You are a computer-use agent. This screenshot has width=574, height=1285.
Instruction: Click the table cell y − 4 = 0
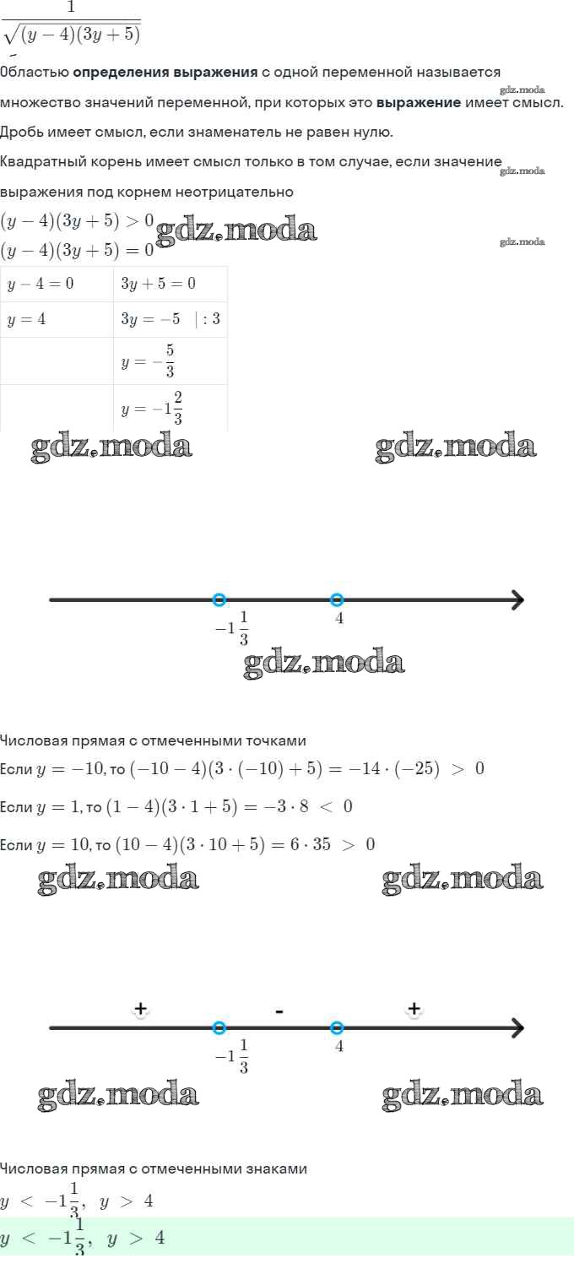(x=57, y=284)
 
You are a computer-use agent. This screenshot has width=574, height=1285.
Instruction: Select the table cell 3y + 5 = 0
(x=171, y=284)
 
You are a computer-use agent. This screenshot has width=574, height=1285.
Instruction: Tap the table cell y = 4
(x=57, y=319)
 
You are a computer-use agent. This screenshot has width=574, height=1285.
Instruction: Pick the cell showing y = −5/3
(x=171, y=361)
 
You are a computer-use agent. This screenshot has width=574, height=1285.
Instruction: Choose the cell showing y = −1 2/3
(x=171, y=408)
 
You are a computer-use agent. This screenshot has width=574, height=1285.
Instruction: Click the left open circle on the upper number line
(x=219, y=600)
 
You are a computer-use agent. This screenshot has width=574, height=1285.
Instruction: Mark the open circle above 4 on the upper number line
(x=337, y=600)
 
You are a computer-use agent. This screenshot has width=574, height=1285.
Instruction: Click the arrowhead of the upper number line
(x=517, y=600)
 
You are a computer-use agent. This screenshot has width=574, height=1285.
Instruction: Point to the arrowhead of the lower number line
(x=517, y=1027)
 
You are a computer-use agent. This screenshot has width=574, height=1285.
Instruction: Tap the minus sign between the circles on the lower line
(x=279, y=1011)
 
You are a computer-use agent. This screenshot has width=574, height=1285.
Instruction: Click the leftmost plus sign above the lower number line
(x=140, y=1008)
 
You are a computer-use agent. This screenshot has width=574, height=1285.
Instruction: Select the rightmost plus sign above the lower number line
(x=414, y=1008)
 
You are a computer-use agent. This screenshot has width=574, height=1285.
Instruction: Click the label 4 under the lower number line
(x=338, y=1046)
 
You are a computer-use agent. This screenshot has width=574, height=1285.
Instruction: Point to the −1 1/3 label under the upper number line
(x=232, y=628)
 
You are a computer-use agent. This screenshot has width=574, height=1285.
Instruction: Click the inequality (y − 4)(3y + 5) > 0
(x=77, y=221)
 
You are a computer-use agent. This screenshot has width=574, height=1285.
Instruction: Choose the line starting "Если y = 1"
(x=176, y=806)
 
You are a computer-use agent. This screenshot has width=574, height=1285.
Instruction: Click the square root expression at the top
(x=72, y=34)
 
